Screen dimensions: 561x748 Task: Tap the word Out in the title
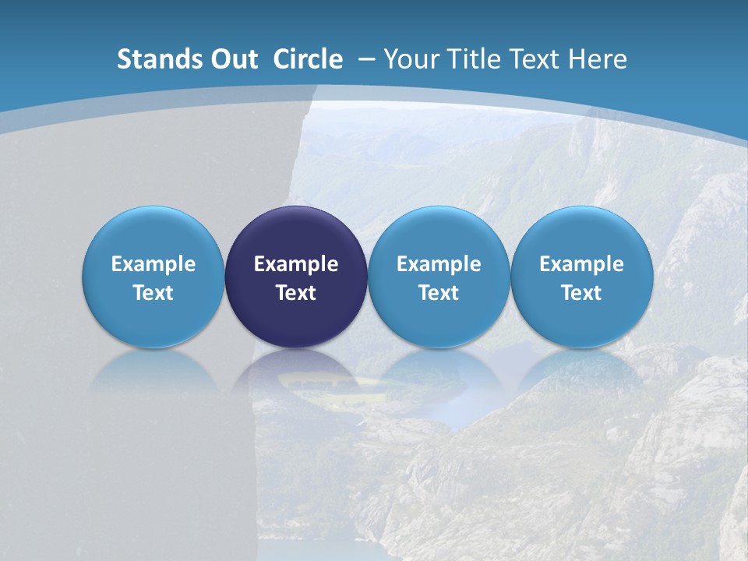click(232, 59)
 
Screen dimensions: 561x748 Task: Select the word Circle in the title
click(308, 59)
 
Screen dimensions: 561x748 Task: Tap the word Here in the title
click(599, 59)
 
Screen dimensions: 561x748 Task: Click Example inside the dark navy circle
click(296, 264)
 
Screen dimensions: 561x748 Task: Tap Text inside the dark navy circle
click(296, 293)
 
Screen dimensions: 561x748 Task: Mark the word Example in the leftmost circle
click(153, 264)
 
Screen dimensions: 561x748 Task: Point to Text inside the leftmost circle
click(153, 293)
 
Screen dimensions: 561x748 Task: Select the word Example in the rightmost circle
click(582, 264)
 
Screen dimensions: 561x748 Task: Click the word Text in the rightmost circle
click(582, 293)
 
